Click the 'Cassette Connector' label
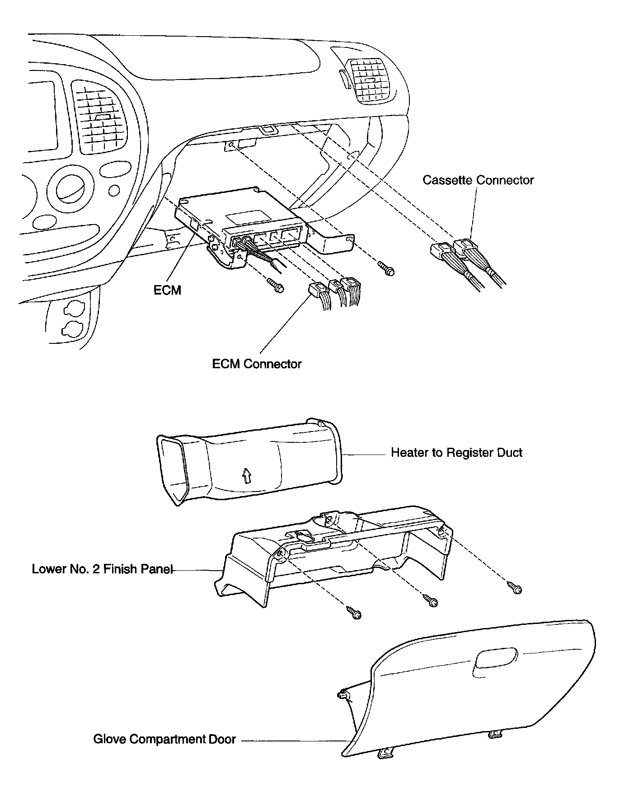[478, 180]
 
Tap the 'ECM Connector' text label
[257, 364]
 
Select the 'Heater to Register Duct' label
[456, 453]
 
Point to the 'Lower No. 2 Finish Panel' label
[102, 569]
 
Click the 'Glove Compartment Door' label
[164, 739]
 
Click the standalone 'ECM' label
[167, 290]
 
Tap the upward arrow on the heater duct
[246, 475]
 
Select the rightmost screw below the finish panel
[515, 587]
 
